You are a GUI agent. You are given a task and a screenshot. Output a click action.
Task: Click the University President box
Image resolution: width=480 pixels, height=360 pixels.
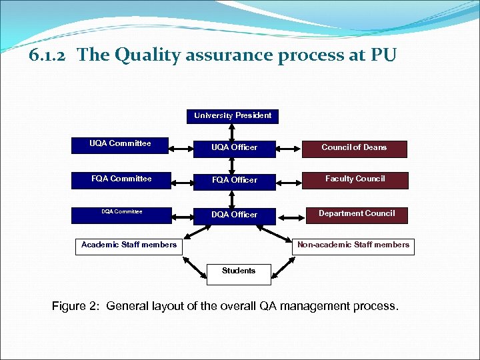tap(233, 116)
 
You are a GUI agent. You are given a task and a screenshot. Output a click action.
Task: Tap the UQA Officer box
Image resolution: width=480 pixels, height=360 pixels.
tap(234, 147)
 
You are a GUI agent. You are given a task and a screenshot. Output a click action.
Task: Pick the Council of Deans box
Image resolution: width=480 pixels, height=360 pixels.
tap(354, 147)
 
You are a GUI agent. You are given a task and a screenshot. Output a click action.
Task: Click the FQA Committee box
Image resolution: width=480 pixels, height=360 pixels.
tap(120, 179)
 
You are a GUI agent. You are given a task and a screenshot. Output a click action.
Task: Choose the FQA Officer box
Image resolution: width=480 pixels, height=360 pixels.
tap(234, 180)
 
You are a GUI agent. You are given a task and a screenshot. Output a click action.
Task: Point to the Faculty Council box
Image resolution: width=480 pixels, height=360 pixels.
tap(355, 179)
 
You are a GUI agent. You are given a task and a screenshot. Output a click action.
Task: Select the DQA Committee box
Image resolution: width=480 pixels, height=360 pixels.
tap(120, 213)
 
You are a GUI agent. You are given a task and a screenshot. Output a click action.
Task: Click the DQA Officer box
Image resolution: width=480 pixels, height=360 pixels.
tap(234, 215)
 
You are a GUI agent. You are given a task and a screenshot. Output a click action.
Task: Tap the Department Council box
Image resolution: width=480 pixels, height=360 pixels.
tap(356, 214)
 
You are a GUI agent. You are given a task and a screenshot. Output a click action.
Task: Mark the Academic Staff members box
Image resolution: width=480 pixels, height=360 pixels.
tap(129, 245)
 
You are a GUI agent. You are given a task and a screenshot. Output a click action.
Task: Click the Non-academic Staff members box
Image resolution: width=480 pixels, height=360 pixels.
tap(353, 245)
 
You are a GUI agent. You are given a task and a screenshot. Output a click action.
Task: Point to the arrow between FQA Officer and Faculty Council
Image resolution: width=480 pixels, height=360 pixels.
tap(288, 179)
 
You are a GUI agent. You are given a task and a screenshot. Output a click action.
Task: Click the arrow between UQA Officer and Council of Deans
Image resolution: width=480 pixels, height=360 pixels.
tap(288, 147)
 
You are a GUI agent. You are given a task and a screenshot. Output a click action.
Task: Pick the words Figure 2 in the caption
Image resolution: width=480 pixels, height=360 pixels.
tap(74, 307)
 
